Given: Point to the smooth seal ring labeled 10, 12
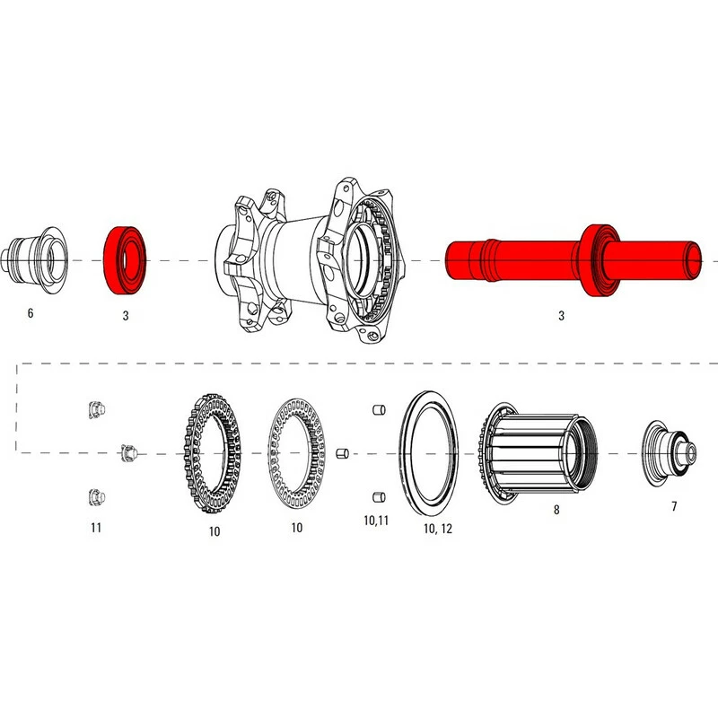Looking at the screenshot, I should pos(429,452).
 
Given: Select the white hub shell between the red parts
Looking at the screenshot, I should pos(310,260).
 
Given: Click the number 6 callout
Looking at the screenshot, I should pos(31,314).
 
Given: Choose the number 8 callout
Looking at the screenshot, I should pos(556,510).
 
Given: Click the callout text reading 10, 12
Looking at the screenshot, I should pos(437,530).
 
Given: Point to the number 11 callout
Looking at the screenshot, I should pos(95,528).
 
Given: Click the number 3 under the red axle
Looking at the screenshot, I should pos(561,316).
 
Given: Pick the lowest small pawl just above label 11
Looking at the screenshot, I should pos(96,495).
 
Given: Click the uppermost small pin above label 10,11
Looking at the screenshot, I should pos(378,410).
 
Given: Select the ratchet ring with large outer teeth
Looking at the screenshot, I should pos(214,452).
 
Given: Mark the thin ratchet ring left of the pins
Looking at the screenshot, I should pos(297,452).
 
